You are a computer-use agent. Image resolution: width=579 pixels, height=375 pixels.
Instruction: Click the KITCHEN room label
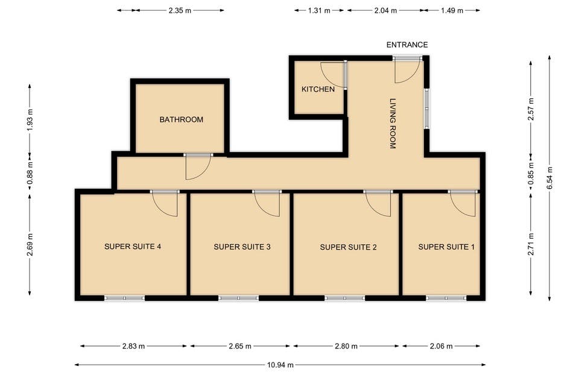[318, 89]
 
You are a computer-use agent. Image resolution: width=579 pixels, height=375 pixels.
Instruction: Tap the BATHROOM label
[182, 119]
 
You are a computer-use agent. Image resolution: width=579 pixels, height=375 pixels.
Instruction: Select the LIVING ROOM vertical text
[393, 123]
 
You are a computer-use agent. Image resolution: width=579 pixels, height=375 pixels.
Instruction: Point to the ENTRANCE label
[407, 45]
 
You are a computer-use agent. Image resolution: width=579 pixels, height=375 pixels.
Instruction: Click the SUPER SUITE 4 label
[133, 247]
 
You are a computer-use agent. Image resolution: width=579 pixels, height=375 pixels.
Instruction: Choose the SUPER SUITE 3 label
[242, 247]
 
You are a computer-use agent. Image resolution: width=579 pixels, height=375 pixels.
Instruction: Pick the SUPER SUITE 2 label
[348, 247]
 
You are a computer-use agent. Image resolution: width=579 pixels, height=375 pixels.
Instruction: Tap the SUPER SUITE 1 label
[446, 247]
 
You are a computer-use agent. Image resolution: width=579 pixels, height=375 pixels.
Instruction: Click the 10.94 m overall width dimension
[280, 365]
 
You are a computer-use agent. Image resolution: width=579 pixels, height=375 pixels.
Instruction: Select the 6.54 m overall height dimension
[550, 178]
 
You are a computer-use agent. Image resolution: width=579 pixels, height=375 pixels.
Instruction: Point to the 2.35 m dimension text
[180, 11]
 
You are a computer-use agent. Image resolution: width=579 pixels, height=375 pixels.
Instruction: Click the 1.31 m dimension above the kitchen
[319, 11]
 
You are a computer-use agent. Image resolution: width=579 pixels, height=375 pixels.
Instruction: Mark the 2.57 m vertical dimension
[531, 109]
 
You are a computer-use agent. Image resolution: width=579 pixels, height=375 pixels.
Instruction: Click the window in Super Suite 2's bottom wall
[345, 298]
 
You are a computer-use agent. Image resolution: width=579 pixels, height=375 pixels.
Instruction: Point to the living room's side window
[426, 109]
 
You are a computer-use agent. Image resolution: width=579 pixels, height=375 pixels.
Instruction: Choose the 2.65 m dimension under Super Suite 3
[240, 346]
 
